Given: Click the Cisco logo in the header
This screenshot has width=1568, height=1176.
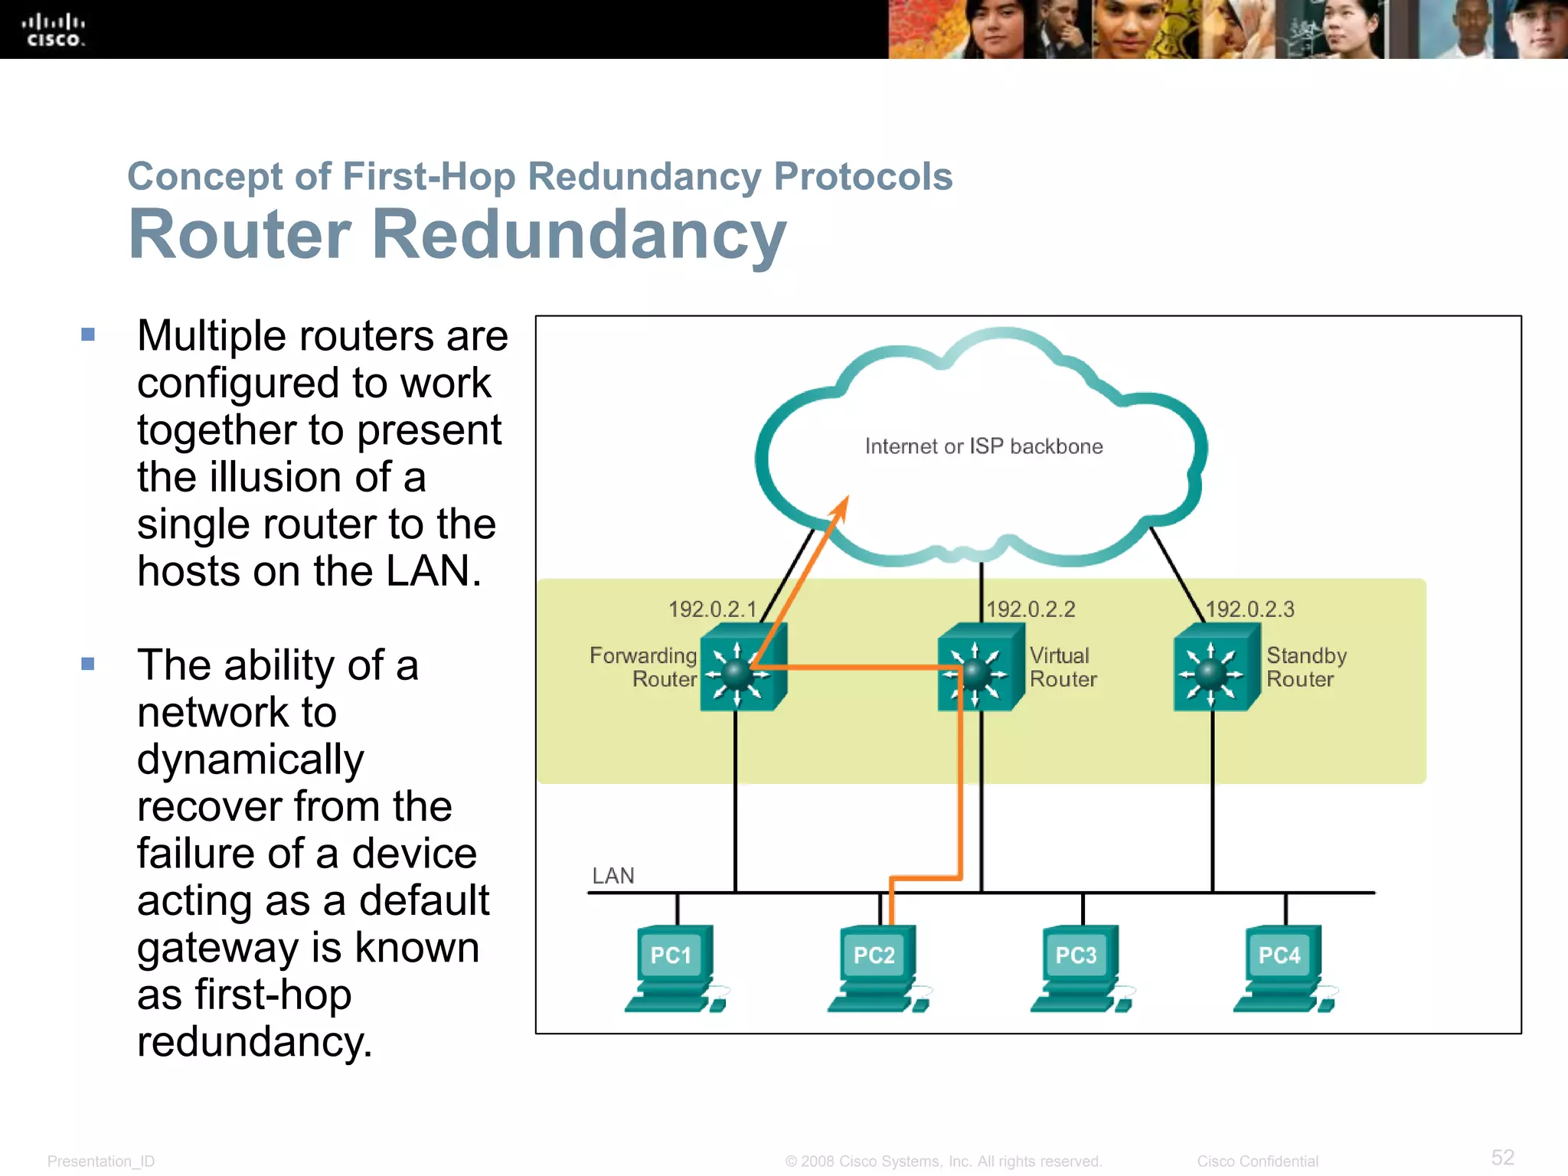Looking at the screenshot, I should (x=53, y=31).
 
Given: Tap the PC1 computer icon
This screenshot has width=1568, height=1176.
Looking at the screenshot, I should (x=674, y=969).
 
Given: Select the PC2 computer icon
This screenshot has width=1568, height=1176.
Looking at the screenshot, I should (x=877, y=969).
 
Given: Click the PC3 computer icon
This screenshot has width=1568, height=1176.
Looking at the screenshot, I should (x=1080, y=969).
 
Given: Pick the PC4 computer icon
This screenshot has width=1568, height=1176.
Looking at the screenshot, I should (x=1282, y=969).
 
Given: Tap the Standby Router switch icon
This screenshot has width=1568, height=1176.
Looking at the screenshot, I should (x=1216, y=668).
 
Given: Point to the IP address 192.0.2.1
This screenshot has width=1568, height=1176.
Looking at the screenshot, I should (x=712, y=609).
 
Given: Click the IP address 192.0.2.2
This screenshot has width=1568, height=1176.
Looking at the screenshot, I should (x=1031, y=609).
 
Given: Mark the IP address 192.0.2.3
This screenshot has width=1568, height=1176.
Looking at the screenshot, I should (x=1249, y=609).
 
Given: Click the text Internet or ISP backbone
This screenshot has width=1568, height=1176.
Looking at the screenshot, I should (x=984, y=446).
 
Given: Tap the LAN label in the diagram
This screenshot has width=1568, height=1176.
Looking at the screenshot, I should (x=613, y=876).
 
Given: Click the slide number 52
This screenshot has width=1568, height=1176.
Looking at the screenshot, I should (x=1502, y=1157).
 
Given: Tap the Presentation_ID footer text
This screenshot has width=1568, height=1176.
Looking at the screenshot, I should (x=101, y=1161).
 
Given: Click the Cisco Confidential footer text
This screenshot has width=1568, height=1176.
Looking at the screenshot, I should (x=1257, y=1161).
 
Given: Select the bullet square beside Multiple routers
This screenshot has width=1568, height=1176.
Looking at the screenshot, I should (x=88, y=335).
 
